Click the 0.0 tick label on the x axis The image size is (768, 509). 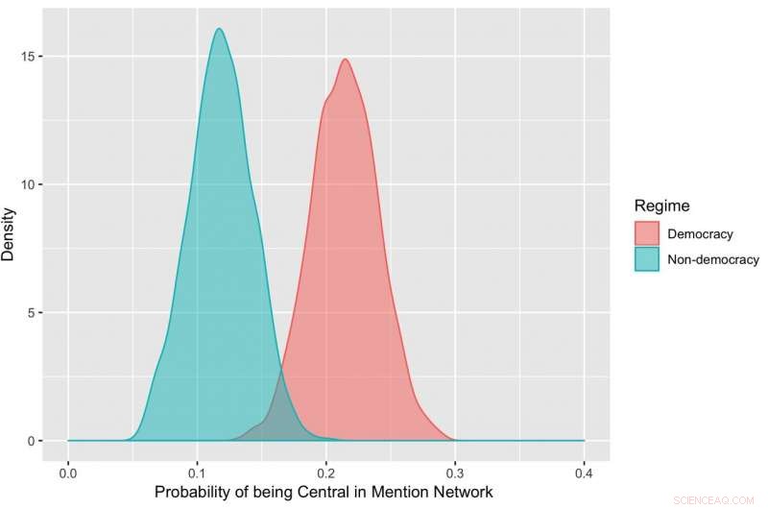[68, 473]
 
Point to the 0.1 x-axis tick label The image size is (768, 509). [197, 473]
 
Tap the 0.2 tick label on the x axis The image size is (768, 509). [325, 473]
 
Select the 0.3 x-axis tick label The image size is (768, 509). [455, 473]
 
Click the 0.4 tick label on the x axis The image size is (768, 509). [584, 473]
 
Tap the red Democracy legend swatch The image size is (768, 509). [647, 233]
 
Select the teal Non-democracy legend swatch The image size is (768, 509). [647, 259]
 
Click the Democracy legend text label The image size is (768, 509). [700, 233]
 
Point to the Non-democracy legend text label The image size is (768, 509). [713, 259]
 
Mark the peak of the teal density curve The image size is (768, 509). [219, 29]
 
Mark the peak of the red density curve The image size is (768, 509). [345, 60]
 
